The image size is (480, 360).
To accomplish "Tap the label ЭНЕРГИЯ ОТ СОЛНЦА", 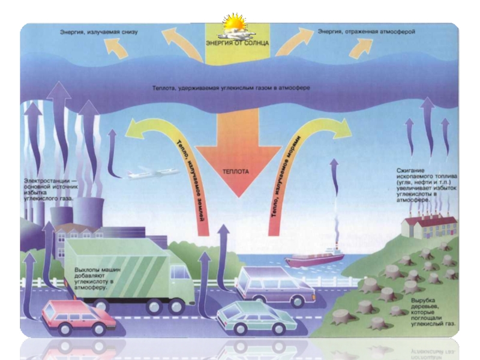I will (x=237, y=44).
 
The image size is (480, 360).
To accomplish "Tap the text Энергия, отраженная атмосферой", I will (x=367, y=31).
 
